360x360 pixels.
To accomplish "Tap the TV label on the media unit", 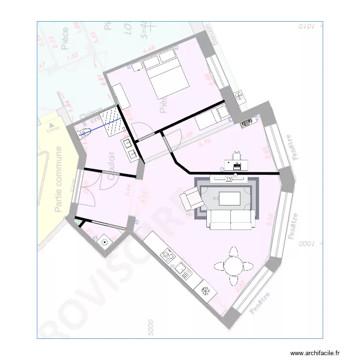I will (229, 179).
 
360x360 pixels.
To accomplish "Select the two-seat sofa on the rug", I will (231, 219).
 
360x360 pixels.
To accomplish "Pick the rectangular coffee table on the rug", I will (229, 198).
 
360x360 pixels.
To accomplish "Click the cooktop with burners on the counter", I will (168, 255).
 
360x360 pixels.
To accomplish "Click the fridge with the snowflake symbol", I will (204, 290).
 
